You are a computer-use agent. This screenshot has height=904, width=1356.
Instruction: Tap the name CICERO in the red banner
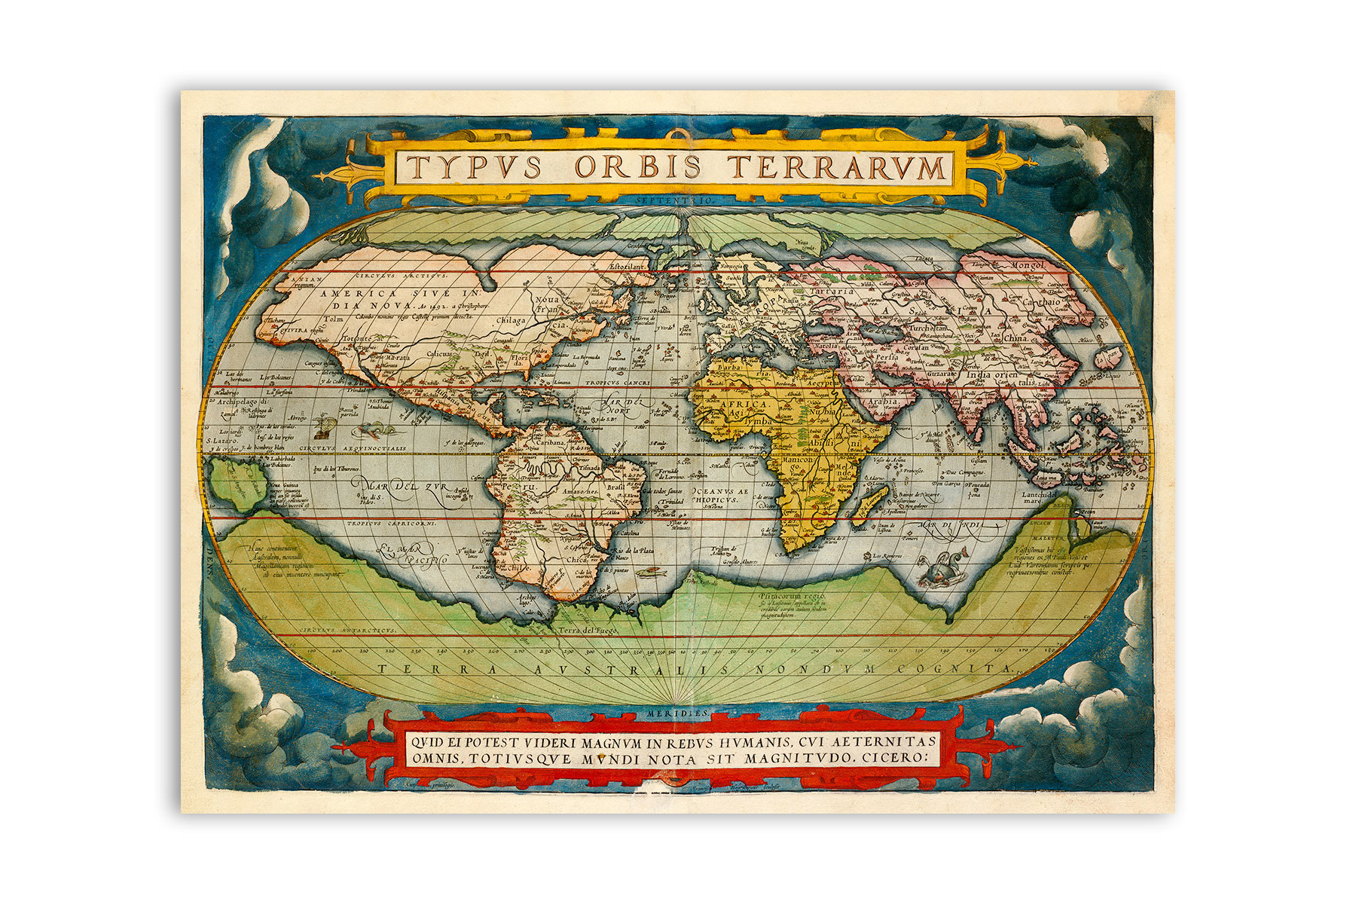pos(893,758)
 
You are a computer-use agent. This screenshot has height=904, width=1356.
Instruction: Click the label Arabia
pos(865,402)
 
